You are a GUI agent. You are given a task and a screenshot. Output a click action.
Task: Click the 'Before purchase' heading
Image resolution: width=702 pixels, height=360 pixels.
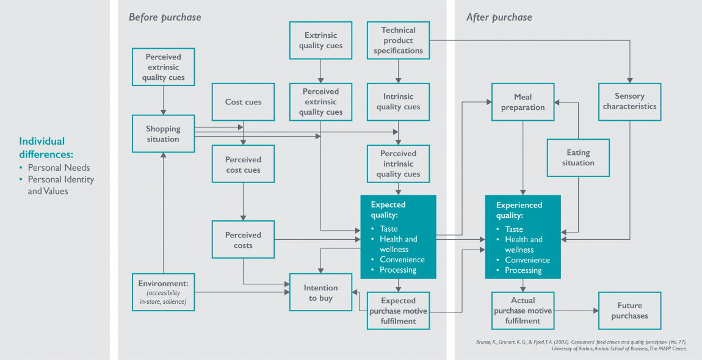tap(165, 17)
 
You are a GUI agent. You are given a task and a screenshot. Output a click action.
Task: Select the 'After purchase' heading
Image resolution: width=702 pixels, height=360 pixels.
tap(499, 17)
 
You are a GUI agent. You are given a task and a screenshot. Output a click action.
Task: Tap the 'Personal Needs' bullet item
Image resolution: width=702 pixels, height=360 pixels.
tap(59, 168)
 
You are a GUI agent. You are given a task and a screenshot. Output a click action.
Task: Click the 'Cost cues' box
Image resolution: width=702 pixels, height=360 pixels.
tap(243, 102)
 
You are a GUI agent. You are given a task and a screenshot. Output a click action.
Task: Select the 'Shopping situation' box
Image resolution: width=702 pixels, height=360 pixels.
tap(163, 134)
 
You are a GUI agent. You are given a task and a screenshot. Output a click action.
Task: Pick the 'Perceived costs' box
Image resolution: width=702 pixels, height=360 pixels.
tap(243, 240)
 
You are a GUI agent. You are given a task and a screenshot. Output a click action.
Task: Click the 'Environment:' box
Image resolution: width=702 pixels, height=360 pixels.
tap(163, 292)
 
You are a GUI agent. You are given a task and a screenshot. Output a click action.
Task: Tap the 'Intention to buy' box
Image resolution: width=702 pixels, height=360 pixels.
tap(320, 292)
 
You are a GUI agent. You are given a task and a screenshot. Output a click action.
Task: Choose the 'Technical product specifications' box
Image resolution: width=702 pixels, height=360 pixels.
tap(398, 40)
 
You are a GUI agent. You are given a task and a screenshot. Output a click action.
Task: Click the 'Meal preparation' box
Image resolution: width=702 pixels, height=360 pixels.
tap(523, 102)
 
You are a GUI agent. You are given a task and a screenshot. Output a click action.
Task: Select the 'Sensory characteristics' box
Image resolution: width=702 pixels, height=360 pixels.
tap(629, 101)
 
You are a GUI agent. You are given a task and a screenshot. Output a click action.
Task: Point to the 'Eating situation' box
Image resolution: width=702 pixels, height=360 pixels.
tap(578, 157)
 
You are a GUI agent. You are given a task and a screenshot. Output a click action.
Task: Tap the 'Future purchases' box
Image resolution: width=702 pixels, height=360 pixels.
tap(629, 311)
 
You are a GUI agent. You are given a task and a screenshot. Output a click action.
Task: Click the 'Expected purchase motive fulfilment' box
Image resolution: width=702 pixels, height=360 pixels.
tap(398, 311)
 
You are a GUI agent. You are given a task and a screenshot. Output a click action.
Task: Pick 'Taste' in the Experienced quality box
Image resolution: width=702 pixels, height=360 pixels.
tap(514, 229)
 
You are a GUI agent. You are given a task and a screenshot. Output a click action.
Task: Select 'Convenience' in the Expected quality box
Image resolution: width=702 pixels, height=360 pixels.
tap(402, 259)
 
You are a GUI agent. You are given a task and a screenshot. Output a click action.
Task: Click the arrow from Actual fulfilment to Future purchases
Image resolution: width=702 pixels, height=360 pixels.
tap(576, 311)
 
